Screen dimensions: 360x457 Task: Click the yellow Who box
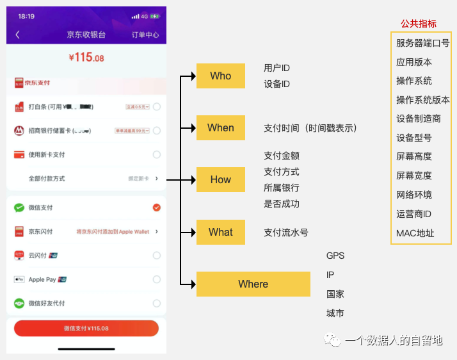click(x=220, y=76)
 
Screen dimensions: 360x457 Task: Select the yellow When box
click(x=220, y=127)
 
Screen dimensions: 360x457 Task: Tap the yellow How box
click(x=220, y=179)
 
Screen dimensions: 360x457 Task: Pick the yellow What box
click(x=220, y=232)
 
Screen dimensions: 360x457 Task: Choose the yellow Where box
click(x=253, y=284)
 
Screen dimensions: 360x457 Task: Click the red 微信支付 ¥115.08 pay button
click(x=86, y=328)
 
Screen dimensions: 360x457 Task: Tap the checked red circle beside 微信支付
click(x=157, y=208)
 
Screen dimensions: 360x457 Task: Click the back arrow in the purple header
click(x=17, y=35)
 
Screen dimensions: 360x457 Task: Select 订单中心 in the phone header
click(x=145, y=35)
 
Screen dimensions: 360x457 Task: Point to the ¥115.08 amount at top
click(x=86, y=58)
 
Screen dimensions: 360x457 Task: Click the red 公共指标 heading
click(x=419, y=24)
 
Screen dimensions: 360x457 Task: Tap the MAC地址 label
click(x=415, y=233)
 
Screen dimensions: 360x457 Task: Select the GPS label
click(x=335, y=256)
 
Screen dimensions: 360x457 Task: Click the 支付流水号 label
click(x=285, y=233)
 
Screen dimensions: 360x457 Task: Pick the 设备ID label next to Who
click(x=277, y=84)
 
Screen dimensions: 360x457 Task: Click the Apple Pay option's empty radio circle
click(x=157, y=279)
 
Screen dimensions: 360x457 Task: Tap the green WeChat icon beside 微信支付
click(x=19, y=208)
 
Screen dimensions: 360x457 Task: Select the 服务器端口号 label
click(x=422, y=43)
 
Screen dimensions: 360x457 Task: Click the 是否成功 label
click(x=282, y=204)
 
